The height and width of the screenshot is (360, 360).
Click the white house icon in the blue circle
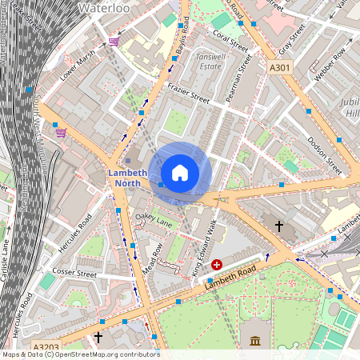(x=180, y=173)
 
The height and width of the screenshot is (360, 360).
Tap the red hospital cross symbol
(x=216, y=265)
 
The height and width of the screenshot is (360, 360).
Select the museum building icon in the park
(x=255, y=342)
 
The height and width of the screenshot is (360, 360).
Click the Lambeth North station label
(x=127, y=178)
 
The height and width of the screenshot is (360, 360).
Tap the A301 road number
(x=280, y=69)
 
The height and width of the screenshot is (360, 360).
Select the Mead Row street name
(x=153, y=256)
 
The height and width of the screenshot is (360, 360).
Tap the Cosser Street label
(x=74, y=274)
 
